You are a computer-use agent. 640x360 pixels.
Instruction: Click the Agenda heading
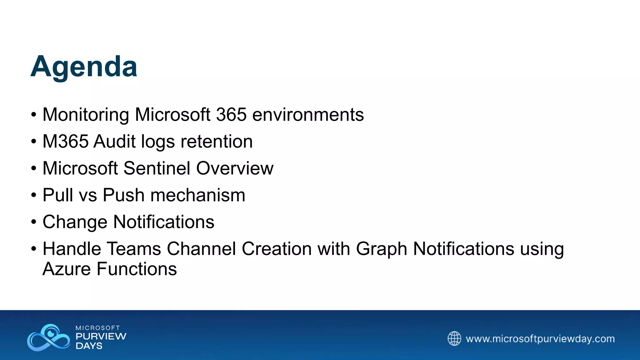[x=84, y=66]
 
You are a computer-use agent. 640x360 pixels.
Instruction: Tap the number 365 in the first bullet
[x=231, y=114]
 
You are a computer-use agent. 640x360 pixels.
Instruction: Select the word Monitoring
[x=86, y=114]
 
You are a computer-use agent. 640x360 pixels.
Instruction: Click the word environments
[x=308, y=114]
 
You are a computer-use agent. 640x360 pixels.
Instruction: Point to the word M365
[x=66, y=141]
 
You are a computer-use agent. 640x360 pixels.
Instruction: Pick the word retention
[x=217, y=141]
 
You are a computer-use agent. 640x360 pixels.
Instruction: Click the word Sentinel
[x=157, y=168]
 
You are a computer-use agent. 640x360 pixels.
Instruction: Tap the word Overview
[x=235, y=168]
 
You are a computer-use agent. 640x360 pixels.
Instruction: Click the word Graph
[x=381, y=249]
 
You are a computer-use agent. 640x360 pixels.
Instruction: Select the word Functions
[x=137, y=269]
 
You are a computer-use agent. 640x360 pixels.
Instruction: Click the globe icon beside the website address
[x=454, y=338]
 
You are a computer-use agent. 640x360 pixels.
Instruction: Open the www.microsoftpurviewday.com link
[x=540, y=339]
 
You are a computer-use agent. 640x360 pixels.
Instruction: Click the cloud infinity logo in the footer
[x=49, y=337]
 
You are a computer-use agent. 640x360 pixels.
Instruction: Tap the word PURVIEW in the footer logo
[x=101, y=337]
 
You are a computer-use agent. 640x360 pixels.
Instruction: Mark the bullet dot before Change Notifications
[x=34, y=222]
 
